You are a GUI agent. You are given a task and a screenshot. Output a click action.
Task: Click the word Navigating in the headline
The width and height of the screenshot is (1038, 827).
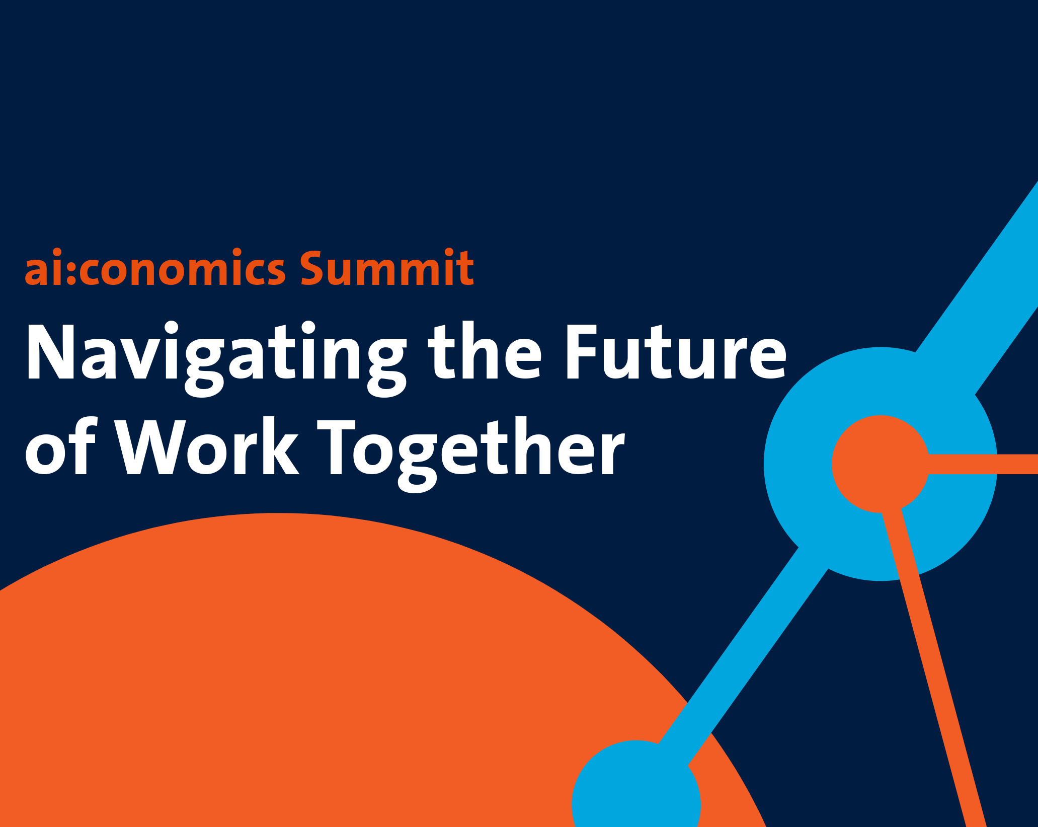(216, 358)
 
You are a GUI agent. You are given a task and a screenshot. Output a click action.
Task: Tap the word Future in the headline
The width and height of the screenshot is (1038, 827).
(676, 351)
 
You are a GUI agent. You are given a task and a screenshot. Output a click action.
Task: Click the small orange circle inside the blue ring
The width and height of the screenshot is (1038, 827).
(881, 464)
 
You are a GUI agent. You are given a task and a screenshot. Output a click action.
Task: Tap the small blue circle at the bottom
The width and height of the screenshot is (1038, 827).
(636, 790)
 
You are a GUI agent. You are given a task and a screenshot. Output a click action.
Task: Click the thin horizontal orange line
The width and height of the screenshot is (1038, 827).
(983, 464)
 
